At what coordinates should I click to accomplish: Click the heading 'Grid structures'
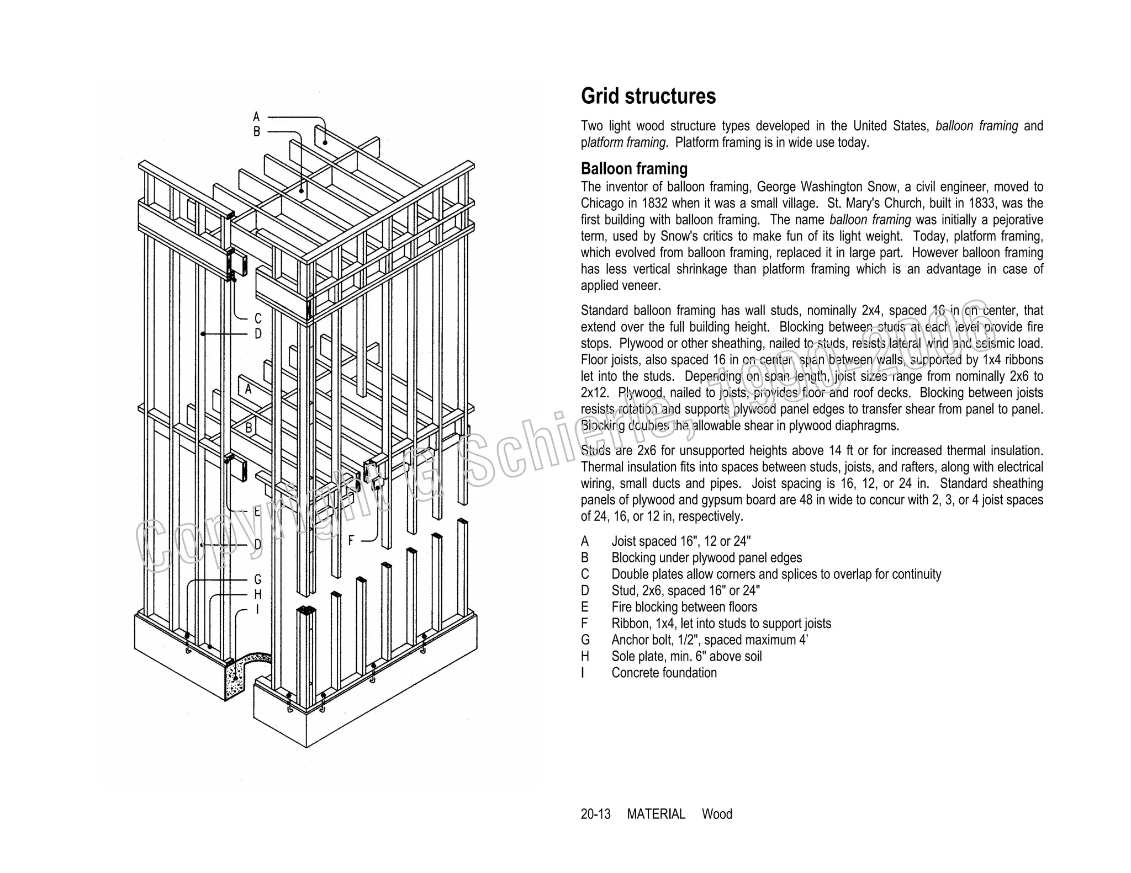point(648,97)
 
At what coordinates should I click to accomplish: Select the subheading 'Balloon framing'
point(634,168)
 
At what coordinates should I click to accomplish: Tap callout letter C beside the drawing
point(258,319)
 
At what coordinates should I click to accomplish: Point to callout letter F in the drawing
point(351,541)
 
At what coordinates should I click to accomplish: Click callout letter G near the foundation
point(258,579)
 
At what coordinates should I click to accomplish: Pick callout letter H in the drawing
point(258,595)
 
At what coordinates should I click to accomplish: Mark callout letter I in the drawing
point(257,610)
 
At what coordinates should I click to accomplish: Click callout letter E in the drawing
point(257,512)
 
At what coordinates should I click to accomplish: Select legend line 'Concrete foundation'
point(664,673)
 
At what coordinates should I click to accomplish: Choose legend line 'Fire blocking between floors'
point(684,607)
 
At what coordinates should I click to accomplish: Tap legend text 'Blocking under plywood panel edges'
point(706,558)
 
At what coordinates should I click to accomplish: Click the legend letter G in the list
point(585,640)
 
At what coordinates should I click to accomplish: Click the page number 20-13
point(595,814)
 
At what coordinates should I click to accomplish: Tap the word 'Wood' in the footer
point(717,814)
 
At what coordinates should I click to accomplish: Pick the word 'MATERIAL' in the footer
point(656,814)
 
